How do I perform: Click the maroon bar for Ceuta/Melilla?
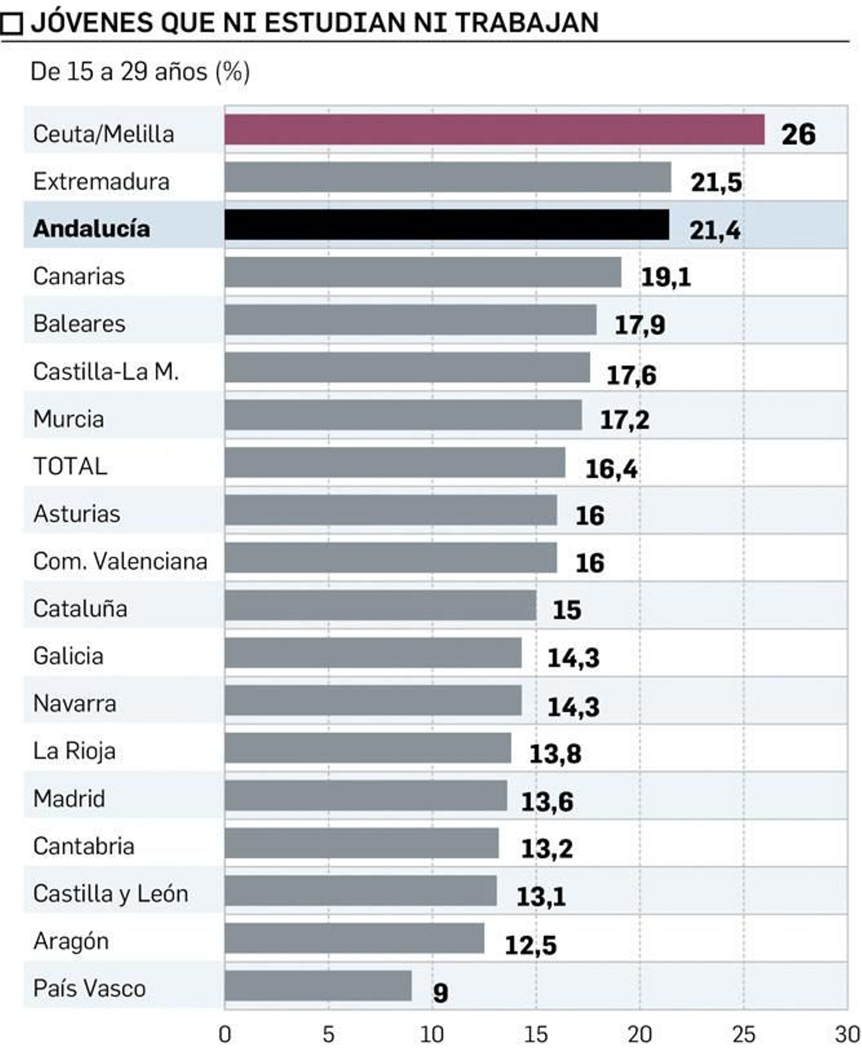click(494, 129)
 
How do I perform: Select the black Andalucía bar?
click(447, 224)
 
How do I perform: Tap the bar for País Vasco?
click(318, 985)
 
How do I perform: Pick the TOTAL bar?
click(395, 462)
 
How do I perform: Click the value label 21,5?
click(716, 182)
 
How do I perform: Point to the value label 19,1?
click(665, 277)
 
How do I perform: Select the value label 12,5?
click(530, 945)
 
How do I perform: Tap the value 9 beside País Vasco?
click(440, 992)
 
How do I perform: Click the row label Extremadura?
click(101, 181)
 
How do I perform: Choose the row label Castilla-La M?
click(106, 371)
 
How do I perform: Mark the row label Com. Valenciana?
click(120, 561)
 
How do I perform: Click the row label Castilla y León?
click(110, 894)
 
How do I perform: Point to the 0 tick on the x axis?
click(225, 1034)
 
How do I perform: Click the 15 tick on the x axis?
click(536, 1034)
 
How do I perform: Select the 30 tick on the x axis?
click(846, 1034)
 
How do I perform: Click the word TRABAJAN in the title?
click(526, 23)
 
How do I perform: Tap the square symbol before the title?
click(11, 23)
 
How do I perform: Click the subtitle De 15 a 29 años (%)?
click(140, 72)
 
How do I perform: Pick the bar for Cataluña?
click(380, 605)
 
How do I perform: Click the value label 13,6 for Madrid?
click(547, 802)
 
